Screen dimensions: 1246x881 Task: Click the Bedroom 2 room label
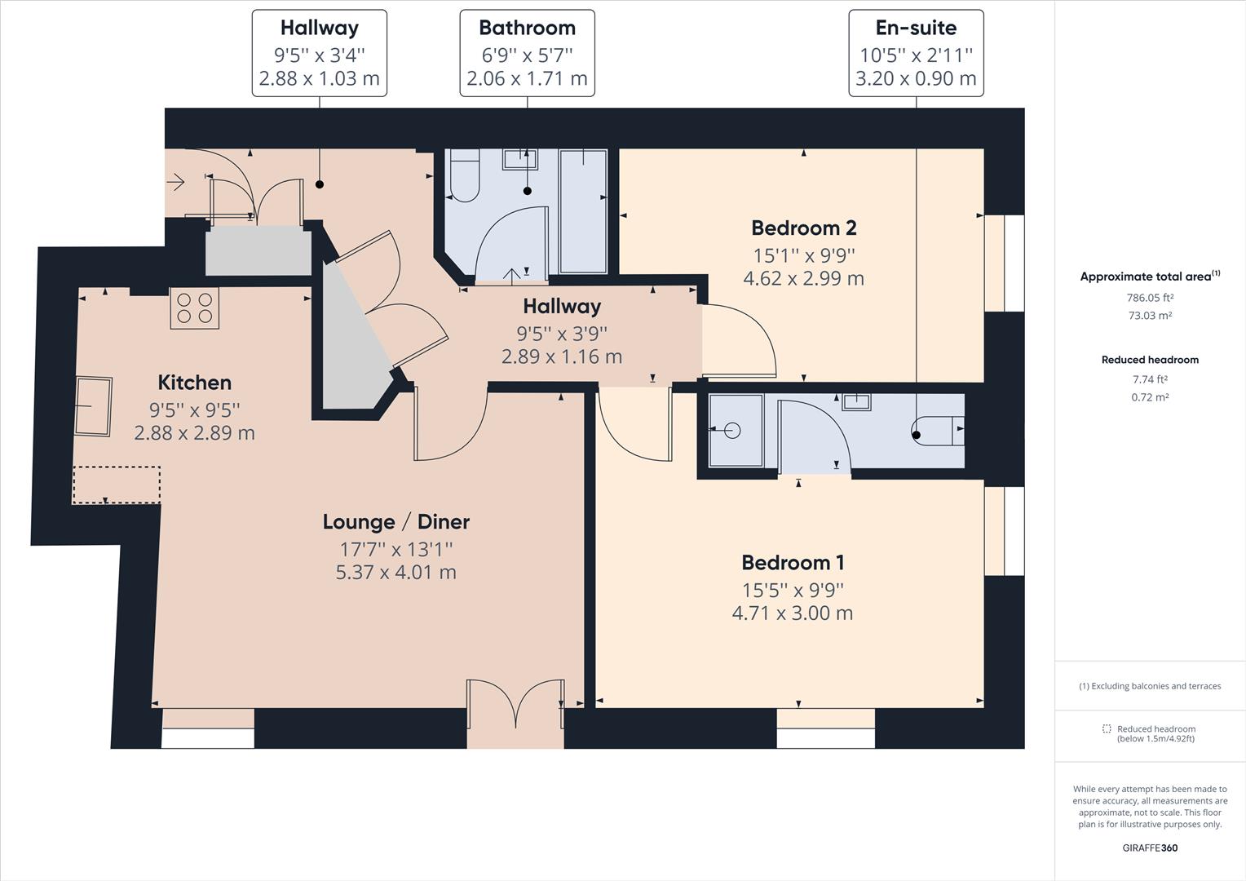(804, 228)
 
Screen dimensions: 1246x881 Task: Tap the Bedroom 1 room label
(793, 563)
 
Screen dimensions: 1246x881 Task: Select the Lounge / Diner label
(396, 522)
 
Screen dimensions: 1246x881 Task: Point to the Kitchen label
(195, 383)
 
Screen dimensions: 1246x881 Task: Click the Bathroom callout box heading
(528, 28)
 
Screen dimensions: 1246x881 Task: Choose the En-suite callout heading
(916, 28)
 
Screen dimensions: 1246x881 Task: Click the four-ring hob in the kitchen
(195, 308)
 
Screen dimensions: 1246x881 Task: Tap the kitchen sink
(94, 407)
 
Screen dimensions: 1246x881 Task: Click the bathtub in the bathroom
(583, 211)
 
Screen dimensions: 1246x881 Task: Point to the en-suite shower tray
(736, 430)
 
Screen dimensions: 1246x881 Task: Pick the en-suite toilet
(938, 431)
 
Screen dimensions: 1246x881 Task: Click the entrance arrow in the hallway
(176, 182)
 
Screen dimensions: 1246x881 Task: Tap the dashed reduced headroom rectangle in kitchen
(117, 485)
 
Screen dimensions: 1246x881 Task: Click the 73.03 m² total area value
(1150, 316)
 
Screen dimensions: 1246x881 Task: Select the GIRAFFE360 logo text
(1150, 848)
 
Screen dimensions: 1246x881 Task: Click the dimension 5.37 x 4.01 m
(396, 572)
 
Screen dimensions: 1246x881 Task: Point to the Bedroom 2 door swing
(739, 340)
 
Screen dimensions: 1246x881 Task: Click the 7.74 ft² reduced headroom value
(1150, 379)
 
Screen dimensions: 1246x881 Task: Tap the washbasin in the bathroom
(520, 159)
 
